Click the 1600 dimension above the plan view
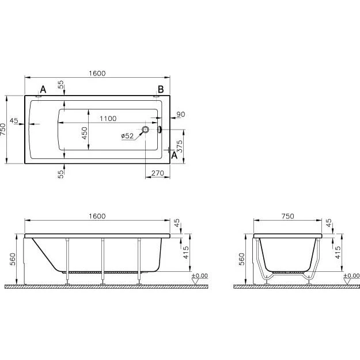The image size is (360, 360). tap(97, 73)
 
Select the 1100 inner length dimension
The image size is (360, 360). tap(108, 119)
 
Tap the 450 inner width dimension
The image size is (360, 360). tap(85, 133)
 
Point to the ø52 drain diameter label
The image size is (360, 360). tap(127, 136)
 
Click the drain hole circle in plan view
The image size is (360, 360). tap(145, 130)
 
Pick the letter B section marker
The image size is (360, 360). tap(161, 89)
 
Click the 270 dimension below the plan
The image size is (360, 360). tap(157, 173)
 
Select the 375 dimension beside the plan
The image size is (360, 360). tap(180, 146)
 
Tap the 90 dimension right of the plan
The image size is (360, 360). tap(181, 115)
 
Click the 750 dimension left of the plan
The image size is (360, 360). tap(3, 130)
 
